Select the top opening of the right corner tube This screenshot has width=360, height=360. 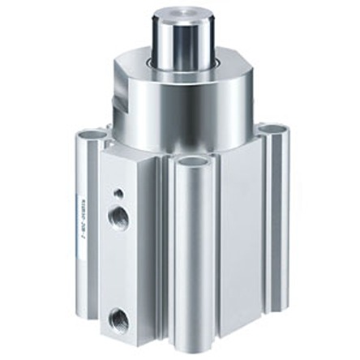coord(273,130)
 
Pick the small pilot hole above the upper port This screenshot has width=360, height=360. coord(120,194)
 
